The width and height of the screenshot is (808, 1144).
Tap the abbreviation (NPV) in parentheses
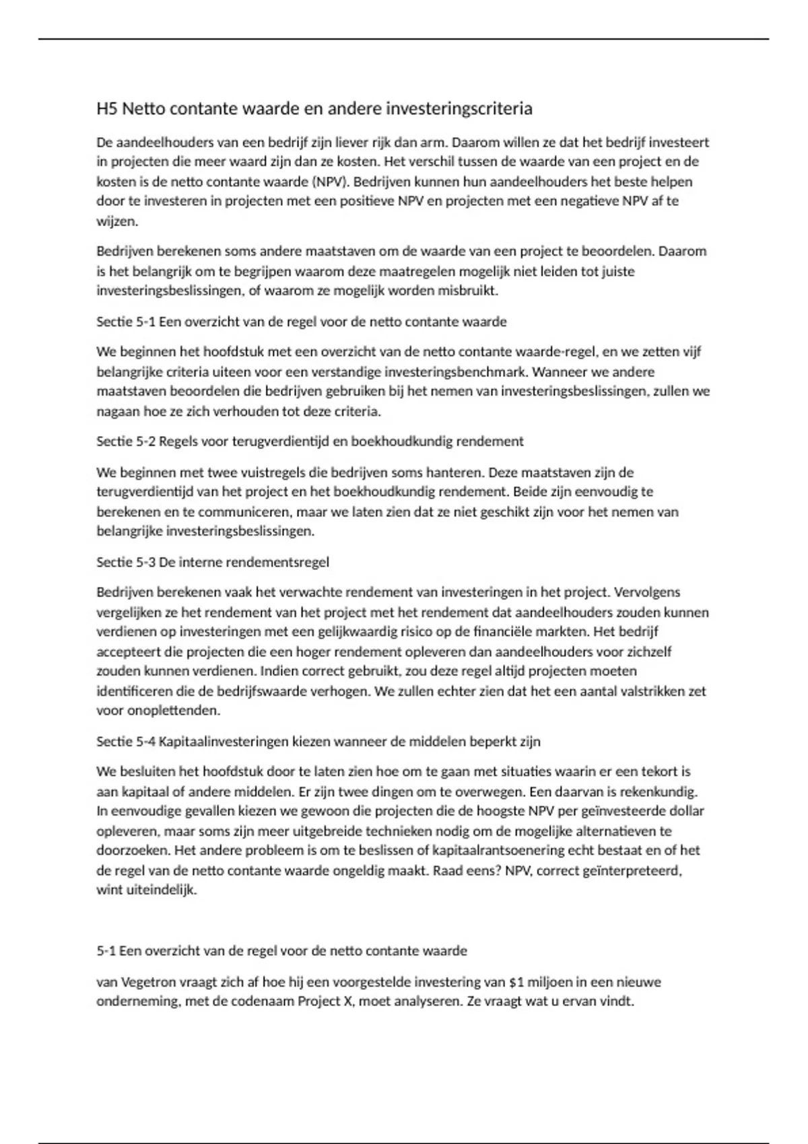(328, 182)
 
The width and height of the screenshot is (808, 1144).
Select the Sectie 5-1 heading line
(301, 322)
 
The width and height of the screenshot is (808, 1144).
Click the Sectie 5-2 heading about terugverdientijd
(310, 441)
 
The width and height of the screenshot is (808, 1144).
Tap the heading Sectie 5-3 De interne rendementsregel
(213, 562)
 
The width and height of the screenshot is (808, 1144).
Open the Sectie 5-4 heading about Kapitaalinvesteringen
(318, 742)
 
